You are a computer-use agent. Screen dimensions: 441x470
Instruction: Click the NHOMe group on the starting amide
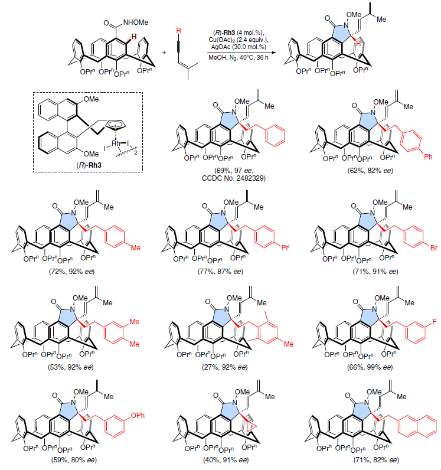pos(136,22)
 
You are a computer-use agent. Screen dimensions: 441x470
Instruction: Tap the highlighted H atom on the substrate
pos(133,37)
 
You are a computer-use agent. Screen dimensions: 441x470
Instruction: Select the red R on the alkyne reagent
pos(179,31)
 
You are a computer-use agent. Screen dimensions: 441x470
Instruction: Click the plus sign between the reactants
pos(164,53)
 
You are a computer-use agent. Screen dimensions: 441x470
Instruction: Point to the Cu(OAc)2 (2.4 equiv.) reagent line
pos(239,40)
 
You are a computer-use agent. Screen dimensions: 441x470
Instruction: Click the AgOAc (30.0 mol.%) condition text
pos(239,47)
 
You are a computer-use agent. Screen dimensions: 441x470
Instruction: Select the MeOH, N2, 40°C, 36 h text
pos(239,57)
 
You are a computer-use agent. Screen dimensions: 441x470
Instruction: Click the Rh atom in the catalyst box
pos(116,143)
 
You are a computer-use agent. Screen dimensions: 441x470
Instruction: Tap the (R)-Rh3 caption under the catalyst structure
pos(89,165)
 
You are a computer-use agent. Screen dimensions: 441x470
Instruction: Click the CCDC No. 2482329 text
pos(234,178)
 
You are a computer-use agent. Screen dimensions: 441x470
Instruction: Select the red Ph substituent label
pos(428,157)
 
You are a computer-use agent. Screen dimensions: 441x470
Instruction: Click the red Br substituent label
pos(434,248)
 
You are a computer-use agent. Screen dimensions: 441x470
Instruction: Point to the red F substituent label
pos(435,322)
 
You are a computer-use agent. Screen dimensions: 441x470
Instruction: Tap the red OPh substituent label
pos(138,416)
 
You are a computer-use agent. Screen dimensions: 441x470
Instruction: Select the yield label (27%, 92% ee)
pos(224,367)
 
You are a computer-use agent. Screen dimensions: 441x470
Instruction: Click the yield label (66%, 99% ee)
pos(370,367)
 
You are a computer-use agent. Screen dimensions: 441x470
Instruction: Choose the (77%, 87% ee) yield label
pos(220,271)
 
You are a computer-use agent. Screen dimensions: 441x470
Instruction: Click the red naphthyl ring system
pos(417,426)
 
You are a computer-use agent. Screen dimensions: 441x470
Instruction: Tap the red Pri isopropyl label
pos(285,247)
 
